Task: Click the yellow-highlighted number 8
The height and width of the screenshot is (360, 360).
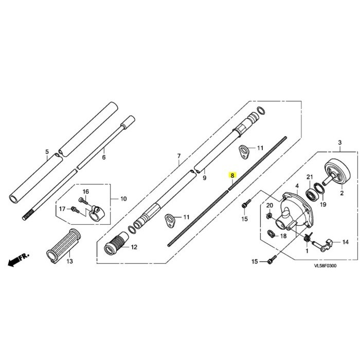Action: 232,175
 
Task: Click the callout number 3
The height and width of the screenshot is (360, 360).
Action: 339,142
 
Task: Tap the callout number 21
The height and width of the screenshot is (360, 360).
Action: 310,177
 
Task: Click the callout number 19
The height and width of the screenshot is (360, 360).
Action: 323,205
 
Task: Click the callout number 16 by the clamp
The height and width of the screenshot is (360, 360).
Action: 86,192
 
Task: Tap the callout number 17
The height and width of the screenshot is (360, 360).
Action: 62,209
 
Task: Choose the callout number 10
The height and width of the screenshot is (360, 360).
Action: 123,199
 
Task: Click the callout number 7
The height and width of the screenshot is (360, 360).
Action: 179,156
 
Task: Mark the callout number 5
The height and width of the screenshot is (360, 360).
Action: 47,152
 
